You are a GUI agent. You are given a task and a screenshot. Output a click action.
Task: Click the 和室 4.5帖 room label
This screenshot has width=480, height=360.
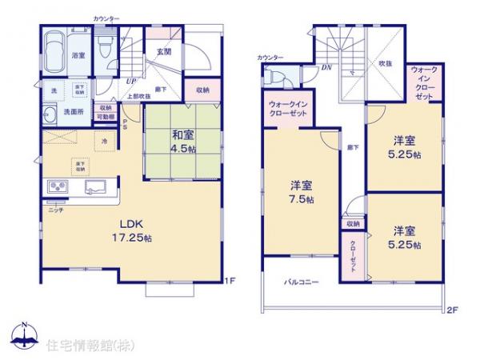[181, 141]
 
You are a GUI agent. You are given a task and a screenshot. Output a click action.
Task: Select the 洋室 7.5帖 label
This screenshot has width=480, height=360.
[302, 193]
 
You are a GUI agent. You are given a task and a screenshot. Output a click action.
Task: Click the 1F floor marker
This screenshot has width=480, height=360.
[230, 279]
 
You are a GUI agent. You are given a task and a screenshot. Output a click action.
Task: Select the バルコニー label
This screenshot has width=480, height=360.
[303, 282]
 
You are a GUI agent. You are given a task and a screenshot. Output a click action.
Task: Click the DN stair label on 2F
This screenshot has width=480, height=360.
[327, 67]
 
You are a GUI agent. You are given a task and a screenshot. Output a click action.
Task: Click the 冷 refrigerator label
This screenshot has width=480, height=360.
[105, 142]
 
